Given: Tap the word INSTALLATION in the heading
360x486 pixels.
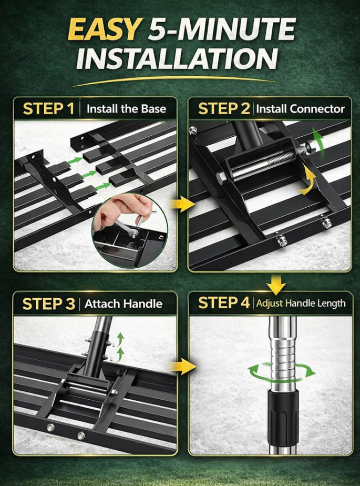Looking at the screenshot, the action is [x=177, y=58].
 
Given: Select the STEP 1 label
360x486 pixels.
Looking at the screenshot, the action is [x=49, y=109].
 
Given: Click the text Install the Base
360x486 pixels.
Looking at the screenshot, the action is [x=126, y=109].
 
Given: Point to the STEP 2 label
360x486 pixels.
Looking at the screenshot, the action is [x=224, y=109].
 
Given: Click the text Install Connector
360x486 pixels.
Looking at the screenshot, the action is [x=300, y=109].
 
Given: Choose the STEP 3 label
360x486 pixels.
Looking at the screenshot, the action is [x=49, y=304].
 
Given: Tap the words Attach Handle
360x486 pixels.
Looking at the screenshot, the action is [x=124, y=304].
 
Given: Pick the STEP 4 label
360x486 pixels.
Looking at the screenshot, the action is [x=224, y=303].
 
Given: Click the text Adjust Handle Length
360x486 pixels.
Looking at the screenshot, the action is [x=301, y=303].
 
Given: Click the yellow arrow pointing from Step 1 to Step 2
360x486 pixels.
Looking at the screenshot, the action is [x=182, y=204].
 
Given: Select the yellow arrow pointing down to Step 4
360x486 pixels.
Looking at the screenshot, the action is [x=276, y=284].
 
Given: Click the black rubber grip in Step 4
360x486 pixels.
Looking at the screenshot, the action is [x=283, y=414].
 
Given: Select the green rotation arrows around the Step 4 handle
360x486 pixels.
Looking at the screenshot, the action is [x=282, y=372].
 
